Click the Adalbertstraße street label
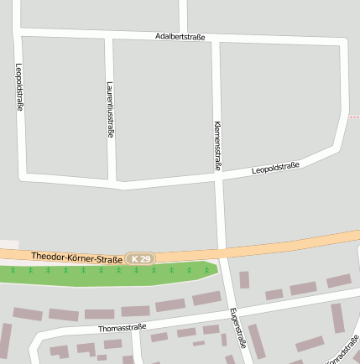click(180, 36)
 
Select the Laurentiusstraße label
click(110, 109)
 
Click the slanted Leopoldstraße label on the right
click(275, 168)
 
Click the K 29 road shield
click(141, 260)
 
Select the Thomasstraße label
click(122, 327)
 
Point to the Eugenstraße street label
click(237, 327)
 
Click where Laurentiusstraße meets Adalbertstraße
click(108, 35)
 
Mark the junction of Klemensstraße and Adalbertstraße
click(216, 39)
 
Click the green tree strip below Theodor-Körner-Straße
click(109, 274)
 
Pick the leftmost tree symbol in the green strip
click(13, 270)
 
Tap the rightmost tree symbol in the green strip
click(206, 270)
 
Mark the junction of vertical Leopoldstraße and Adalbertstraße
click(17, 32)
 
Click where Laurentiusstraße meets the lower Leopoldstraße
click(112, 180)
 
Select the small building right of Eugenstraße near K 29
click(244, 279)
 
